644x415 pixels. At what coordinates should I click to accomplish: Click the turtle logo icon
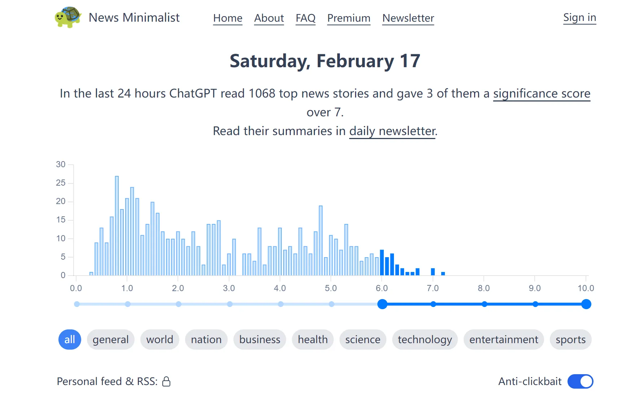coord(68,17)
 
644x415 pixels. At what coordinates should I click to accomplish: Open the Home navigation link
coord(228,18)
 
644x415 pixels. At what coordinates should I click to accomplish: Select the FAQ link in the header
coord(305,18)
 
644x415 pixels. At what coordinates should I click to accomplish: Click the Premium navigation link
coord(349,18)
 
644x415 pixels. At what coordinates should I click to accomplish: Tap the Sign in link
coord(579,18)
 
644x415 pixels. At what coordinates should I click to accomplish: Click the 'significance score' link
coord(542,94)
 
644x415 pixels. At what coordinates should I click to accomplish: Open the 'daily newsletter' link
coord(393,131)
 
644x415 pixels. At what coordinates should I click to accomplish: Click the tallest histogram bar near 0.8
coord(117,225)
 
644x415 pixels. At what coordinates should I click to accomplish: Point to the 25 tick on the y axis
coord(61,183)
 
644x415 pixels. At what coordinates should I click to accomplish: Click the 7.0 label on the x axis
coord(433,288)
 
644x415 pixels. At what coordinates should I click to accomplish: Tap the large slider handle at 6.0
coord(382,304)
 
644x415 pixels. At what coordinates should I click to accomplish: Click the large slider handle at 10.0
coord(586,304)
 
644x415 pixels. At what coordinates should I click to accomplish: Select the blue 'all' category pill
coord(70,340)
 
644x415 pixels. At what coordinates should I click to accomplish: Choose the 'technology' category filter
coord(425,340)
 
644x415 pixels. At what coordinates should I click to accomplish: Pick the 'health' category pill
coord(312,340)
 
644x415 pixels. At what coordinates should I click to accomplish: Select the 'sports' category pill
coord(570,340)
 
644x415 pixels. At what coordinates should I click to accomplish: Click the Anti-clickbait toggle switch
coord(580,381)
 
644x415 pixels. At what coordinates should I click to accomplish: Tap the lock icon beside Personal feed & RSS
coord(166,381)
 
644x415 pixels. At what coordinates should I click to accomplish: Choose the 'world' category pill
coord(159,340)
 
